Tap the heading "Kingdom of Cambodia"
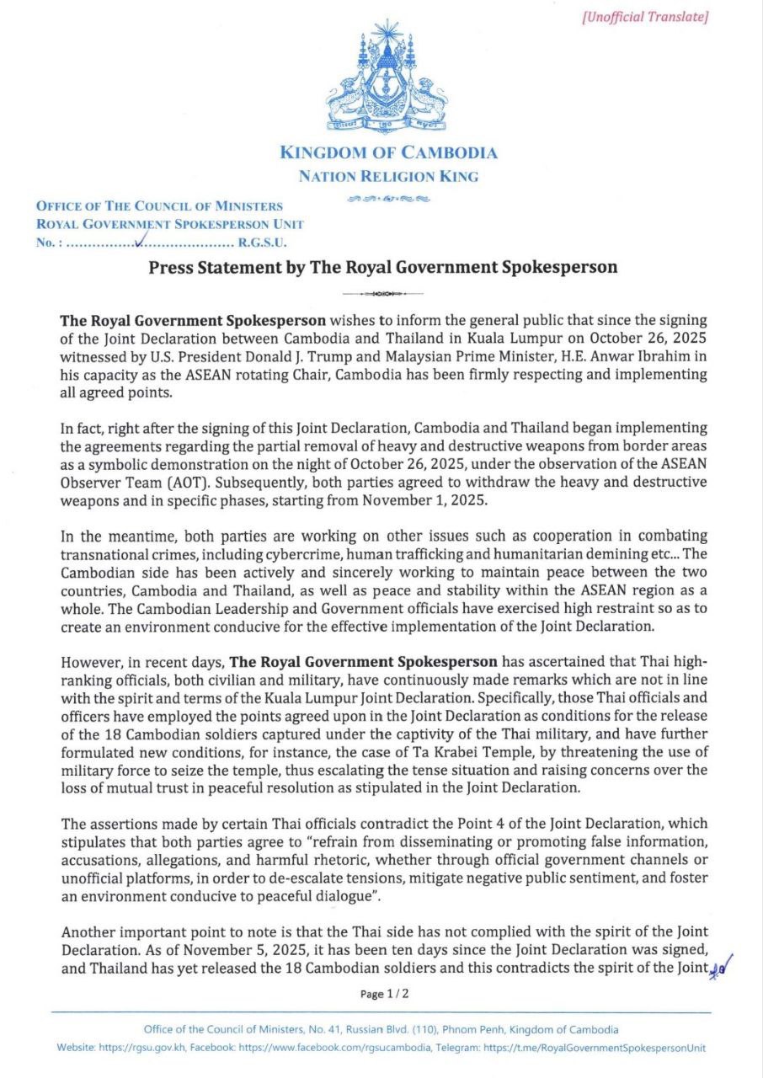388,152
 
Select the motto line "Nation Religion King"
388,176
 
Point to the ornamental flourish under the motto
388,199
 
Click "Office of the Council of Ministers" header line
159,205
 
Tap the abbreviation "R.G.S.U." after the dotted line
264,243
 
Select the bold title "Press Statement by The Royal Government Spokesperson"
383,268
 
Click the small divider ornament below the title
383,294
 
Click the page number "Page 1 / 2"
384,994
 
